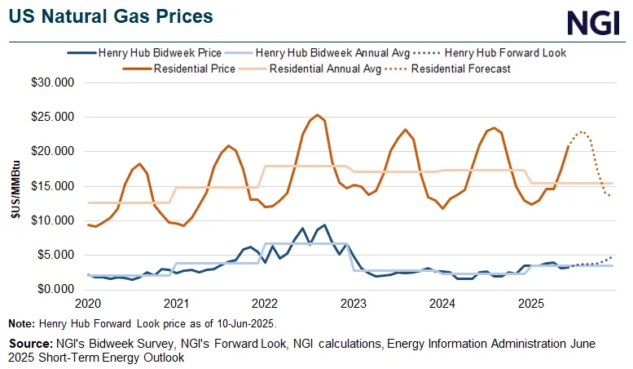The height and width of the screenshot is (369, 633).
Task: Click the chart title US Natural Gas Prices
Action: point(112,16)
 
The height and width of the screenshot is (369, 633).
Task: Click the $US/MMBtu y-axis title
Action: point(15,186)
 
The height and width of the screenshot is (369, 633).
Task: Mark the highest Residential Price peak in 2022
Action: point(317,115)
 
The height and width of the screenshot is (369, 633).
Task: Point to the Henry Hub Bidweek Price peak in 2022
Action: point(324,225)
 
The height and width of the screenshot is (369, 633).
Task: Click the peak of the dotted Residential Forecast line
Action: point(582,131)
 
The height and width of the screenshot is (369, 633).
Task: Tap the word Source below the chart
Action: point(26,342)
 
